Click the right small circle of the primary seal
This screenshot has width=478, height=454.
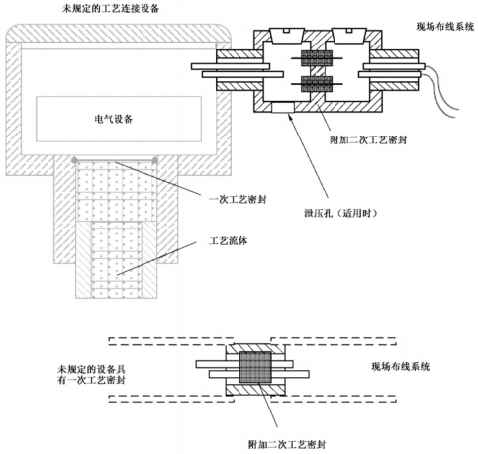155,160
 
